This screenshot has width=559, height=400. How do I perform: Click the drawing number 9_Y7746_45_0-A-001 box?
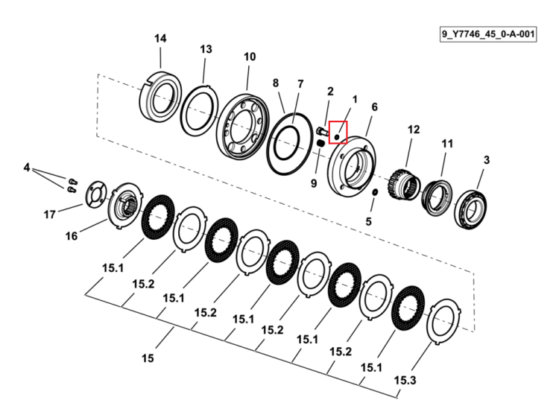coord(488,34)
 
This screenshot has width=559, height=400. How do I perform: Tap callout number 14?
coord(160,39)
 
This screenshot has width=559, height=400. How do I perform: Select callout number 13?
coord(206,49)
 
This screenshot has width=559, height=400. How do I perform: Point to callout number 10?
coord(250,57)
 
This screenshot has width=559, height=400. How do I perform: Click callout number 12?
coord(414,130)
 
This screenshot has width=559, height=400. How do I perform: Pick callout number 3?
coord(487,160)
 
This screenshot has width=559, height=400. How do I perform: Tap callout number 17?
coord(49,215)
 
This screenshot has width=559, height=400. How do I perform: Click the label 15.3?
coord(405,381)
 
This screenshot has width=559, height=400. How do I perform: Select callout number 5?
coord(369,221)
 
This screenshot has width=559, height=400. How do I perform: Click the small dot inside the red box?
coord(337,136)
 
